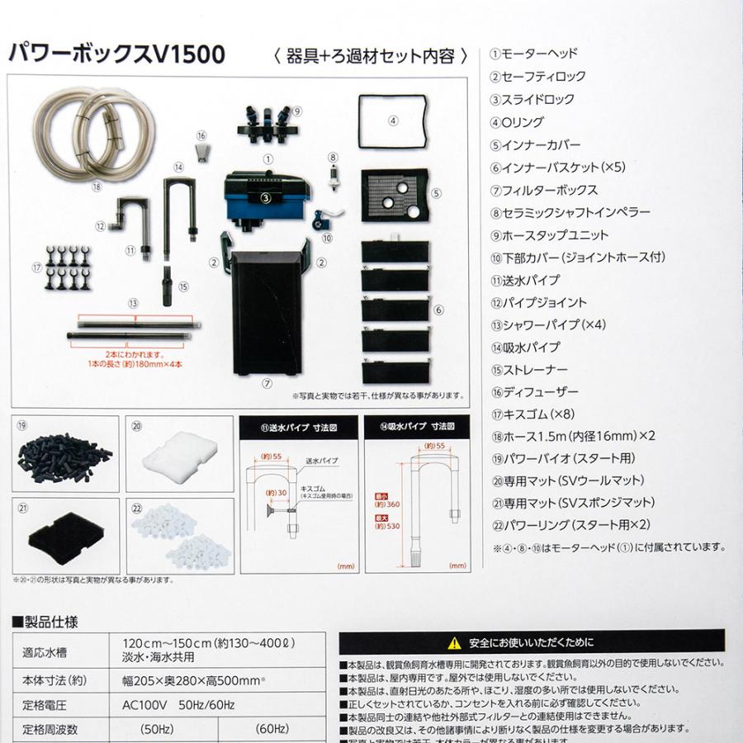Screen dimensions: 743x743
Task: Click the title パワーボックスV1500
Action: tap(116, 55)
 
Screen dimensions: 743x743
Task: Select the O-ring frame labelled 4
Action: tap(394, 121)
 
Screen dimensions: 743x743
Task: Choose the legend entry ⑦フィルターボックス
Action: tap(545, 189)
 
